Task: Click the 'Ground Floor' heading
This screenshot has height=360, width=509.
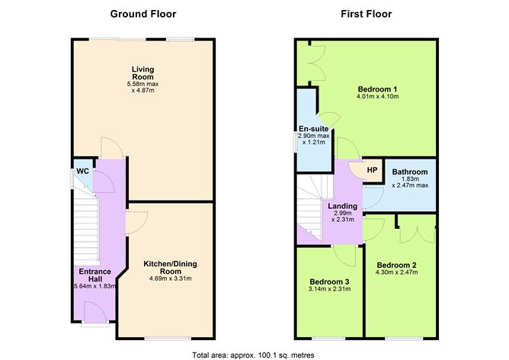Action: click(x=142, y=14)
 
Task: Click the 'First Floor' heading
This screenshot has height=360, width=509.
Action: click(x=367, y=14)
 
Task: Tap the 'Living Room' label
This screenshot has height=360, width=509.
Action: click(x=142, y=72)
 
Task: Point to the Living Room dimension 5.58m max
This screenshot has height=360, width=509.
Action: click(x=142, y=84)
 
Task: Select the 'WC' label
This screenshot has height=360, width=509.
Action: click(x=82, y=171)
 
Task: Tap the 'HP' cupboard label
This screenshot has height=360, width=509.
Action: click(x=372, y=170)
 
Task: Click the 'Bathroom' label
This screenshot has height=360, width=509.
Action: click(x=410, y=172)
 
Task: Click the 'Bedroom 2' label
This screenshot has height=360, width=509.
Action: click(x=395, y=265)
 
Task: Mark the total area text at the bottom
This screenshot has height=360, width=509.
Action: click(x=254, y=354)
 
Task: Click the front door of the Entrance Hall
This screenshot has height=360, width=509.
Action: click(x=94, y=313)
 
